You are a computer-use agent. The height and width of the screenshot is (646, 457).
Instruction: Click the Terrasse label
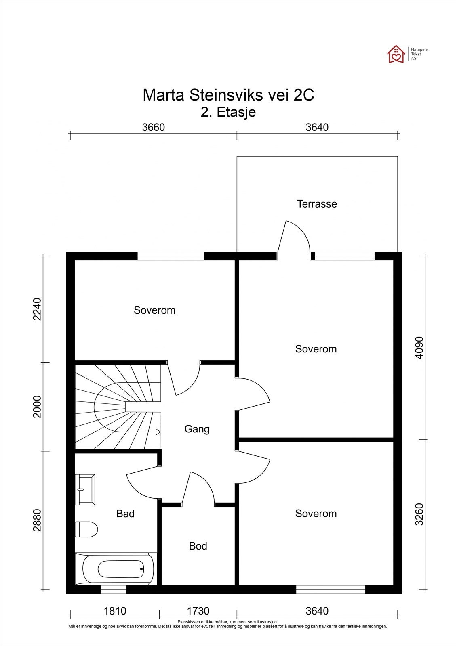click(x=317, y=204)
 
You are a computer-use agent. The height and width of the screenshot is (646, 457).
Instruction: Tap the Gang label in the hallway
click(x=197, y=429)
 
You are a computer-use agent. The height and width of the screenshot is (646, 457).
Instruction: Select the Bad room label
click(x=125, y=514)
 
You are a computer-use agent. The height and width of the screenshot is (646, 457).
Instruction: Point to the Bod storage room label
click(x=198, y=546)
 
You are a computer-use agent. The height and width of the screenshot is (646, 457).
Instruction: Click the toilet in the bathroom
click(x=86, y=529)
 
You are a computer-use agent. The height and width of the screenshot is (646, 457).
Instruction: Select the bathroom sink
click(x=85, y=489)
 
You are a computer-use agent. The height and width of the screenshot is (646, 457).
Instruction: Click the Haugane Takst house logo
click(x=396, y=54)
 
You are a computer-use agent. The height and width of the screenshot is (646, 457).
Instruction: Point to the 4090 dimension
click(x=419, y=348)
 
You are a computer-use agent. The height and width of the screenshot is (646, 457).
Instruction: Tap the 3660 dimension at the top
click(x=153, y=127)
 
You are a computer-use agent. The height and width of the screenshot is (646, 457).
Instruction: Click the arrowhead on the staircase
click(x=158, y=432)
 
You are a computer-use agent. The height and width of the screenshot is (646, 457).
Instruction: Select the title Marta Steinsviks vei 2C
click(x=228, y=95)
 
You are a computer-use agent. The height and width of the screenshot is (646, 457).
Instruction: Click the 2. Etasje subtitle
click(x=228, y=112)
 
